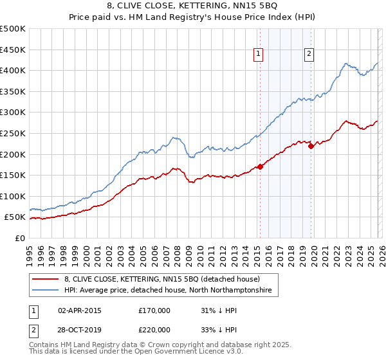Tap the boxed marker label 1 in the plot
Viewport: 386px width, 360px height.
click(258, 55)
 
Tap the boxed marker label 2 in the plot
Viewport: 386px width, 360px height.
click(309, 55)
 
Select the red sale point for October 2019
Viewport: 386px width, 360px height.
click(311, 146)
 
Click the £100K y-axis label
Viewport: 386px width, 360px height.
click(13, 196)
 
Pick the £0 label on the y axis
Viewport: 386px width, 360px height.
click(19, 238)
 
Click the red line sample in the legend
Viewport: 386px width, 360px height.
click(46, 279)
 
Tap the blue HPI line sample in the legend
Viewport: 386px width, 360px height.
click(46, 291)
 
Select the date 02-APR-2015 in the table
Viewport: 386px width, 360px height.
click(80, 310)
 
